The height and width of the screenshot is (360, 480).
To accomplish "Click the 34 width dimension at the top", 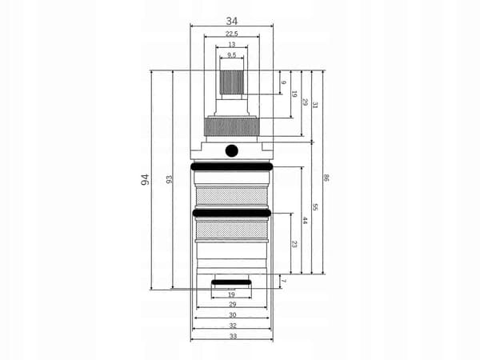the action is tap(232, 21).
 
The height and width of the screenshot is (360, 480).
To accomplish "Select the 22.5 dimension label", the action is tap(232, 34).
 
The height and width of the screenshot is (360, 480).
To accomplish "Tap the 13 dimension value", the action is tap(232, 45).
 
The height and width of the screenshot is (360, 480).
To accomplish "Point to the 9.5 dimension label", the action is tap(232, 55).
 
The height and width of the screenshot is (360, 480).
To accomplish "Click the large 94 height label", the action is tap(145, 179).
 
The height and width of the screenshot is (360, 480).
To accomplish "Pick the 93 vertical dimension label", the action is tap(169, 179).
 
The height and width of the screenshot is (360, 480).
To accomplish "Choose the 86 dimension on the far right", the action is tap(326, 178).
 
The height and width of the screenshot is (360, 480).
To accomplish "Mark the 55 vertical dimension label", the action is tap(315, 207).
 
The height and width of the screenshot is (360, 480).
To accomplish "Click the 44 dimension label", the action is tap(305, 221).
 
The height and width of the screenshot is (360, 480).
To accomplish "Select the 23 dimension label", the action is tap(294, 244).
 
